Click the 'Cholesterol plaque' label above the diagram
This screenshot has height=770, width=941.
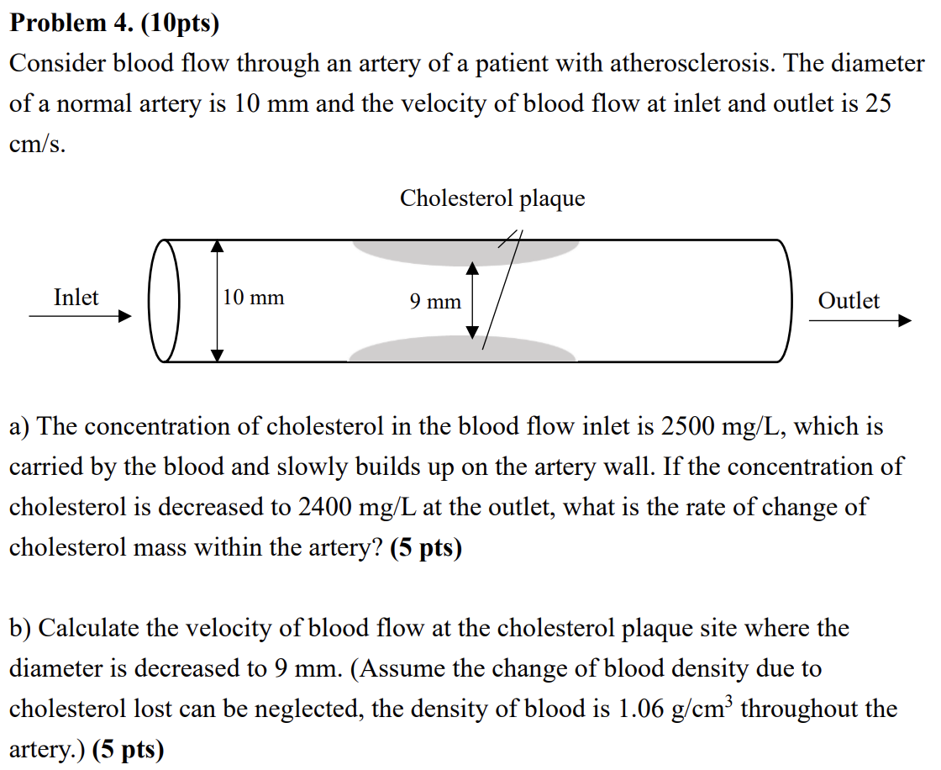pyautogui.click(x=492, y=198)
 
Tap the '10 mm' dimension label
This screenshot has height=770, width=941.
pyautogui.click(x=254, y=298)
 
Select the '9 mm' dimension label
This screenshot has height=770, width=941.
pyautogui.click(x=435, y=302)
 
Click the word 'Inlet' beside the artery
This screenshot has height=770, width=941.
pyautogui.click(x=76, y=298)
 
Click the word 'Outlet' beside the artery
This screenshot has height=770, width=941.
pyautogui.click(x=849, y=301)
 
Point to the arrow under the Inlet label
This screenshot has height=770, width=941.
pyautogui.click(x=81, y=316)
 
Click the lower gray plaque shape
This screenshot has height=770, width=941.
pyautogui.click(x=462, y=351)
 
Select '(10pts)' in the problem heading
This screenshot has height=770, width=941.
pyautogui.click(x=179, y=24)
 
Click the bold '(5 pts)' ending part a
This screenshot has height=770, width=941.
pyautogui.click(x=426, y=548)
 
